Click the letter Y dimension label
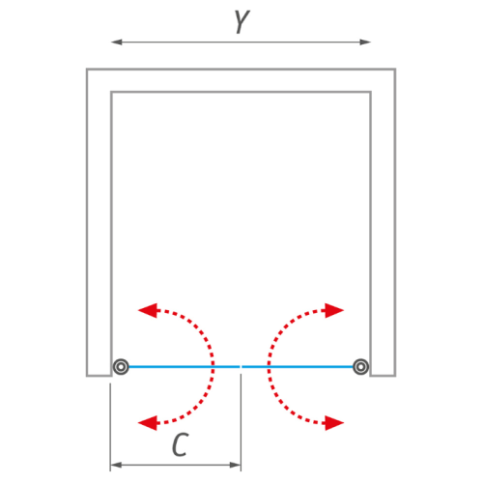click(242, 22)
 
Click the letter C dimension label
click(181, 444)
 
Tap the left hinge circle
click(121, 366)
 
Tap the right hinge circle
click(360, 366)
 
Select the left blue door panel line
click(185, 366)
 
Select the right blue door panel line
click(298, 366)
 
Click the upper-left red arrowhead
click(148, 310)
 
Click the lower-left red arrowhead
click(148, 423)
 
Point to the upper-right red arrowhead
click(334, 310)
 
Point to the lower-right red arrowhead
click(334, 423)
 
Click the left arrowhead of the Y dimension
click(117, 42)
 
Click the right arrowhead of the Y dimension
click(365, 42)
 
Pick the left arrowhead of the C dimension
click(116, 465)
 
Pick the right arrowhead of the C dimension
click(235, 465)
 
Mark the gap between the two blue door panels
click(241, 366)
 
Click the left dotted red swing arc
click(213, 366)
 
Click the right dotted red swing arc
click(270, 366)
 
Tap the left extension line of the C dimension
click(110, 427)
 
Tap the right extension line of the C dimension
click(241, 422)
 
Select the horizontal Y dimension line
click(241, 42)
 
